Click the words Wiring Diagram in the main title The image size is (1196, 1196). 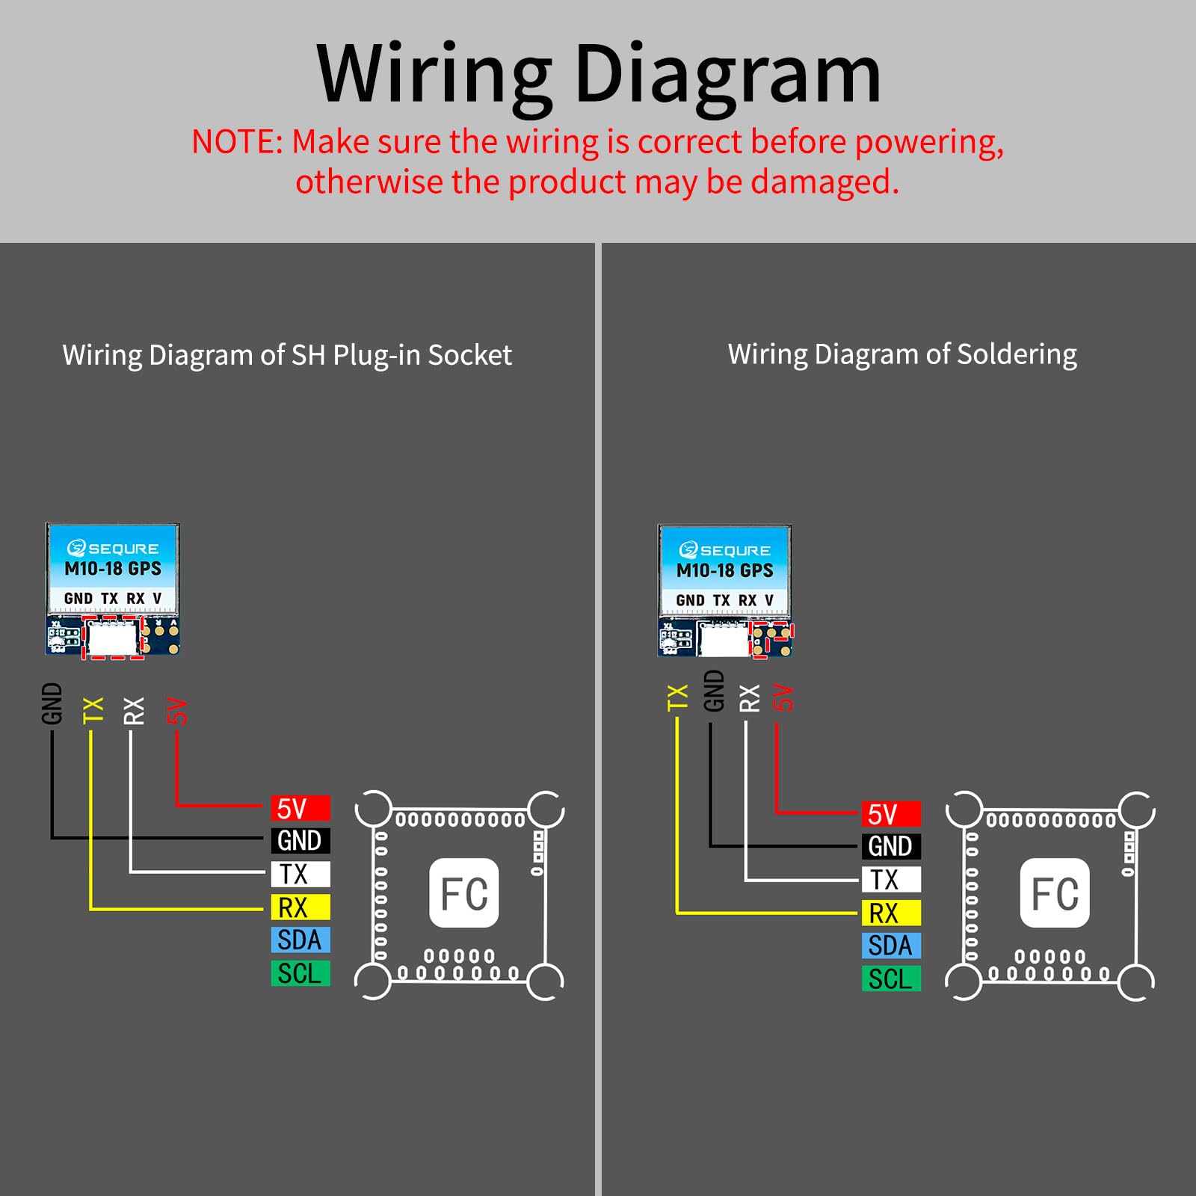[599, 75]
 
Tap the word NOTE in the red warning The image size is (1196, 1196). [233, 142]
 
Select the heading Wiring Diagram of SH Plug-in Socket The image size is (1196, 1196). [287, 355]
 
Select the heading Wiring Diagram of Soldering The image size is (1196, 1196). [902, 354]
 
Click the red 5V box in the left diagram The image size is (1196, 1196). [300, 808]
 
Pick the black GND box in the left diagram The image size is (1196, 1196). [300, 841]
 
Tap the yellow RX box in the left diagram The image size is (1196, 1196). [300, 907]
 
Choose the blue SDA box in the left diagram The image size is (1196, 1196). [300, 940]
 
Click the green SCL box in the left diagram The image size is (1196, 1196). [300, 973]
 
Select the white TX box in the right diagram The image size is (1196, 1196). [891, 880]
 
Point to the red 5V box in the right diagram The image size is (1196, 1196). [891, 814]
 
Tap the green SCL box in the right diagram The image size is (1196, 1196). [891, 978]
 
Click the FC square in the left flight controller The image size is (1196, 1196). [464, 893]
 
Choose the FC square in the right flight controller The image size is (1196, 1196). [1055, 893]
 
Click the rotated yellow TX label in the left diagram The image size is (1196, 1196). [93, 710]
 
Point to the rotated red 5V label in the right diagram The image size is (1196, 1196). [783, 697]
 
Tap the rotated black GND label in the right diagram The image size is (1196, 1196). [715, 691]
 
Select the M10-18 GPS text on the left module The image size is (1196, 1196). [113, 569]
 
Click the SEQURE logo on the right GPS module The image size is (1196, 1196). [724, 551]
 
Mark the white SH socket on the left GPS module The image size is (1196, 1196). [113, 636]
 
